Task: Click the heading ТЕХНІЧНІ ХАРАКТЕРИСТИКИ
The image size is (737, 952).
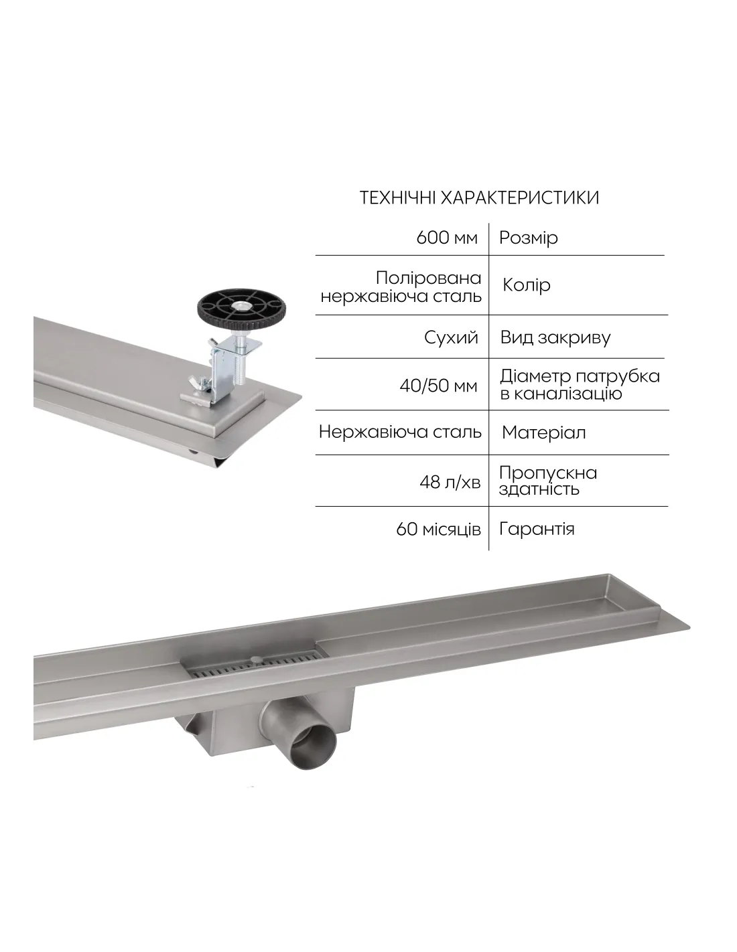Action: tap(479, 197)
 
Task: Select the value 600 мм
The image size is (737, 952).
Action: tap(447, 238)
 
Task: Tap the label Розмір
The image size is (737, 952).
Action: tap(529, 238)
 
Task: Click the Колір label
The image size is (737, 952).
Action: tap(526, 285)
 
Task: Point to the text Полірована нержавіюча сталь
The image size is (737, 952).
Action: tap(401, 287)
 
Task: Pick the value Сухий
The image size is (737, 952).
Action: tap(451, 338)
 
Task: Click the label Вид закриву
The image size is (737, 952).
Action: tap(555, 338)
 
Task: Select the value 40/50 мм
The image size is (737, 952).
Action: tap(438, 386)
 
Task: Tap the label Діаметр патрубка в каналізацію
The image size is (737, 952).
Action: tap(580, 385)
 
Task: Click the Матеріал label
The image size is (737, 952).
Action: tap(543, 433)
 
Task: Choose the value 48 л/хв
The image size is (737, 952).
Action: tap(450, 482)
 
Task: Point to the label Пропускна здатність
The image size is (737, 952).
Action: tap(548, 481)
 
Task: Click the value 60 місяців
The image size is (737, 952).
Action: tap(438, 530)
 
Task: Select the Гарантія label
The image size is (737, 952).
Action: tap(537, 530)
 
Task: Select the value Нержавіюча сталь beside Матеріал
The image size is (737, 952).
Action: tap(400, 432)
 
